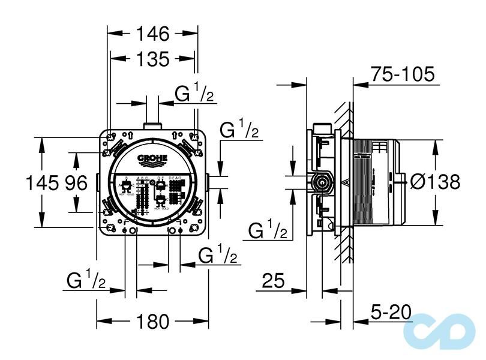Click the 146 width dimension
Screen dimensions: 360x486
click(152, 34)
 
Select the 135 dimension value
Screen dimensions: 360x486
click(152, 59)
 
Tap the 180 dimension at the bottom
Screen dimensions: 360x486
click(152, 322)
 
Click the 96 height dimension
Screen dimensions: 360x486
click(77, 182)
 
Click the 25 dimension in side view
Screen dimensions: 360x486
click(274, 281)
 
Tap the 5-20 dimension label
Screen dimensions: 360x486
click(391, 312)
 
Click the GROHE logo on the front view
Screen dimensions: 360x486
click(152, 160)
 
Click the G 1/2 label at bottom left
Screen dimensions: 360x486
click(86, 280)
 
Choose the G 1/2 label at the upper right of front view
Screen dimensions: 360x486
click(239, 129)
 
